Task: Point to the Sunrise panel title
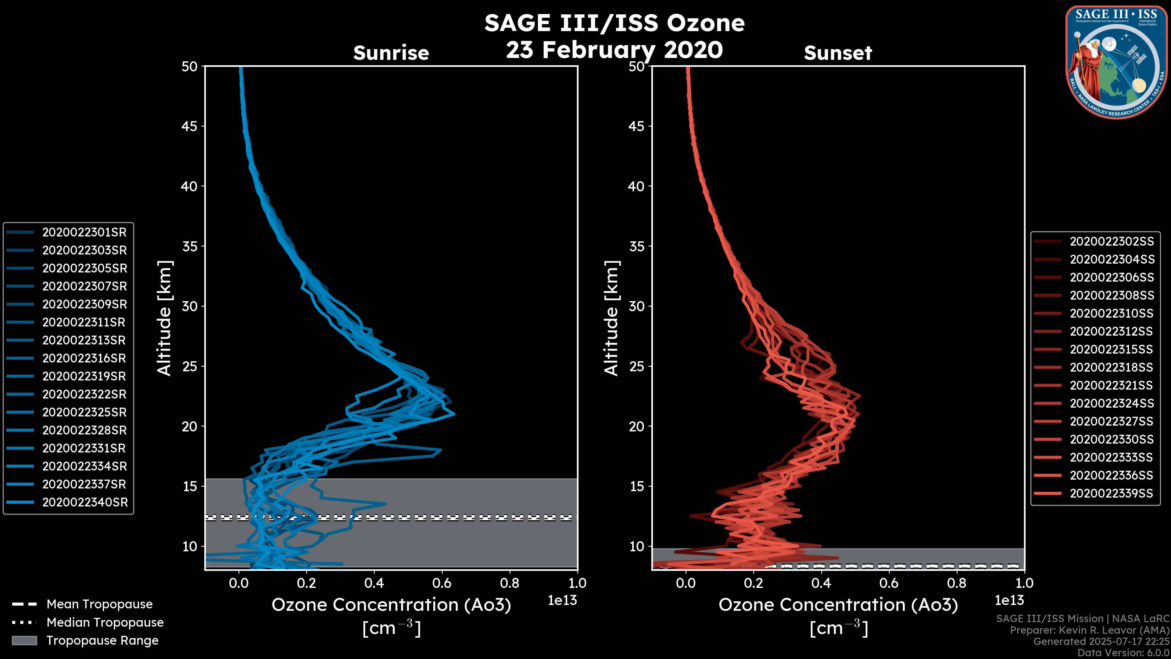[x=391, y=53]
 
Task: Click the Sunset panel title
[x=838, y=53]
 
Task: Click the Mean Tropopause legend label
[x=99, y=604]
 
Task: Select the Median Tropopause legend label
[x=105, y=623]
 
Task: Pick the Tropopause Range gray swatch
[x=24, y=641]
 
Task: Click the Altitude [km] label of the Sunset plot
[x=611, y=318]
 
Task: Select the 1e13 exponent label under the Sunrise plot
[x=562, y=600]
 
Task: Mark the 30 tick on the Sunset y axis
[x=637, y=307]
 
